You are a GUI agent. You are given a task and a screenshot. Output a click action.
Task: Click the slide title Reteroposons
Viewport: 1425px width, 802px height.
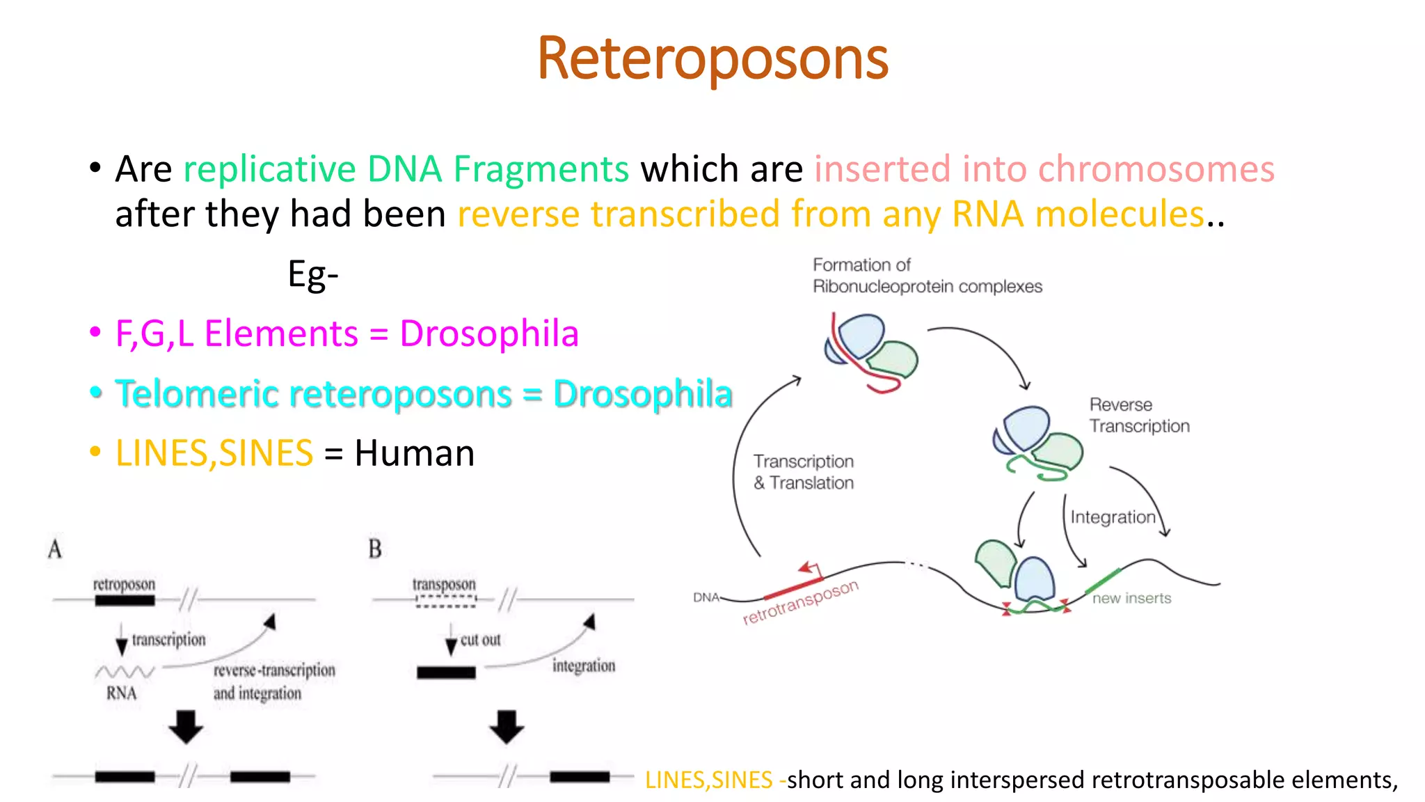click(712, 58)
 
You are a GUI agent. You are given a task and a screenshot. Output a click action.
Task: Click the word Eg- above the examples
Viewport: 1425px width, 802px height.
click(312, 275)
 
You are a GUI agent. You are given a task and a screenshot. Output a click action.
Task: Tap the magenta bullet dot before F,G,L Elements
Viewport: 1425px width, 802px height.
click(95, 333)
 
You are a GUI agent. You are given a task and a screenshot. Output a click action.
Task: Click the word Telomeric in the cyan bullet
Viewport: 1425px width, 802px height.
click(197, 393)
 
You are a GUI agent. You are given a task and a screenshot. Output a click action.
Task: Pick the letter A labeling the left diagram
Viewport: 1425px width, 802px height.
click(55, 549)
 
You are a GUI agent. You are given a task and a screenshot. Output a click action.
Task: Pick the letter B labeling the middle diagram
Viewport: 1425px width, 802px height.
click(375, 549)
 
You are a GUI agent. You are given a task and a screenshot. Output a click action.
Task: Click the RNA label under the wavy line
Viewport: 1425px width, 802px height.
click(122, 693)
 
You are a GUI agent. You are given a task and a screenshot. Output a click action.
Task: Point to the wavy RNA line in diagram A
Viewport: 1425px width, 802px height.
click(125, 672)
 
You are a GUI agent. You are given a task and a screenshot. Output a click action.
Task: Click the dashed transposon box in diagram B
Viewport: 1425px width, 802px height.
click(446, 601)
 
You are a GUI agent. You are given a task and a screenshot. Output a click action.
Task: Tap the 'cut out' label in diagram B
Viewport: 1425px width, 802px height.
click(480, 640)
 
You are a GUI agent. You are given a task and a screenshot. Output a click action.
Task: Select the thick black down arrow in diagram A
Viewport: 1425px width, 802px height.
click(186, 727)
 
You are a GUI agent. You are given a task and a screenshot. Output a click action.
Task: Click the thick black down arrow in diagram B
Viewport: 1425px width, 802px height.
click(507, 727)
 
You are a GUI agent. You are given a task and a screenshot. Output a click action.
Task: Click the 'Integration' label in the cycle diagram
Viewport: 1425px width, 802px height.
click(1112, 517)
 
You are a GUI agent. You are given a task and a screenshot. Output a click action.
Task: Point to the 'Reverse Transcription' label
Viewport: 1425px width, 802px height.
click(1138, 416)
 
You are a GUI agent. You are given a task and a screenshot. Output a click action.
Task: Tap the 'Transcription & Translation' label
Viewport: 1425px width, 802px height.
click(804, 472)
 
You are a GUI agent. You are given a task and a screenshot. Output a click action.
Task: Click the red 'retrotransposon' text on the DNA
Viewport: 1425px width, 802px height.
click(800, 603)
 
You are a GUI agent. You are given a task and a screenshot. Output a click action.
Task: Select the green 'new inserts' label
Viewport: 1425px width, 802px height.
click(1131, 599)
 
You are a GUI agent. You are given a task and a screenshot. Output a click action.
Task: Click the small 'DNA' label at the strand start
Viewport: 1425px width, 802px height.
click(706, 597)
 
